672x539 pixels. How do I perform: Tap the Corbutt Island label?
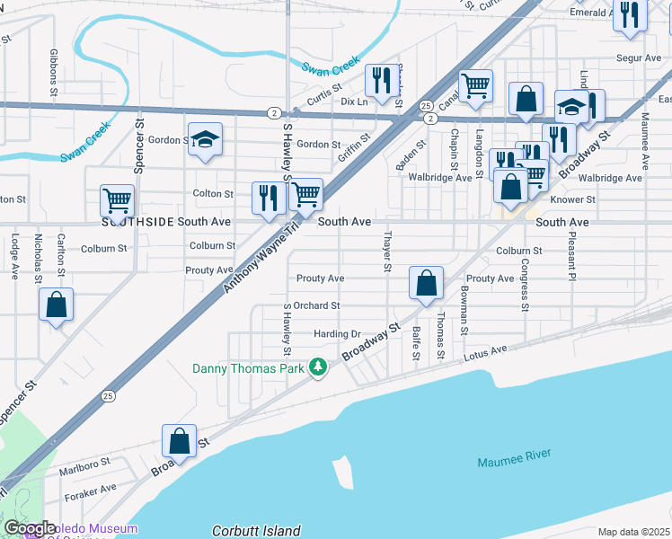tap(256, 531)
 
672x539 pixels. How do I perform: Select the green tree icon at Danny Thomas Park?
tap(316, 367)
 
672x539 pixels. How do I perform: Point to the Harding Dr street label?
tap(337, 333)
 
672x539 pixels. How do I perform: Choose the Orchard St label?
tap(316, 305)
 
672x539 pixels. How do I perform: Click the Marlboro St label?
tap(84, 461)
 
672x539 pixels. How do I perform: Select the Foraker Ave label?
tap(91, 489)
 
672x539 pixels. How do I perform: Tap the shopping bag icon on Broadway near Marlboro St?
tap(179, 440)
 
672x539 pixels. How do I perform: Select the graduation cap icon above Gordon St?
tap(205, 139)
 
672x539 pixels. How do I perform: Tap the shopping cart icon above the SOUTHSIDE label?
tap(118, 201)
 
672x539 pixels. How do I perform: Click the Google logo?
tap(31, 529)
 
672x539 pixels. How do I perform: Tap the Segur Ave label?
tap(640, 58)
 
